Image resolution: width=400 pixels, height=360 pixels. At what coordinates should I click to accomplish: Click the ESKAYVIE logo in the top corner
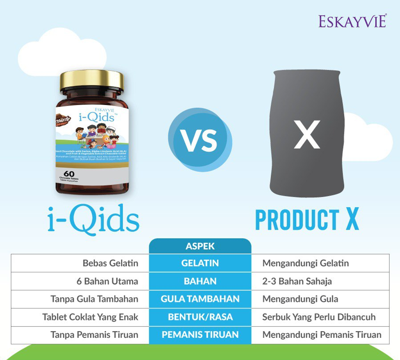point(352,21)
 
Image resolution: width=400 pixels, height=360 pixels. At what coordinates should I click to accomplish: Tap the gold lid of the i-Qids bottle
point(92,80)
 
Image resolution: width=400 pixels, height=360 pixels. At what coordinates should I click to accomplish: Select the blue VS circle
point(200,140)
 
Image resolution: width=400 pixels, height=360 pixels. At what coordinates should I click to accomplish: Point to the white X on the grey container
point(307,134)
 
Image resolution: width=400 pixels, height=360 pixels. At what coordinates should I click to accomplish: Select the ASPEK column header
point(200,246)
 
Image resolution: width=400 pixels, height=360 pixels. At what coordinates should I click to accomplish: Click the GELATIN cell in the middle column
point(200,263)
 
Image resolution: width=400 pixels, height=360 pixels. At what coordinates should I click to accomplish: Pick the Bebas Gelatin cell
point(110,263)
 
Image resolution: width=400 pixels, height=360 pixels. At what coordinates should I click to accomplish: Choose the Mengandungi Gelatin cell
point(305,263)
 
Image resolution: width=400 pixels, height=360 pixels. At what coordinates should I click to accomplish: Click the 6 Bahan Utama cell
point(107,281)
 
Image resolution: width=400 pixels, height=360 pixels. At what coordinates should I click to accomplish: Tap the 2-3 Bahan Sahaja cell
point(297,281)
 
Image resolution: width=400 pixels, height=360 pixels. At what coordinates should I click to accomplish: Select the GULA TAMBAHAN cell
point(200,299)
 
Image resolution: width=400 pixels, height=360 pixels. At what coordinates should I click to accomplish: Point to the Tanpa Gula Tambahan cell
point(94,299)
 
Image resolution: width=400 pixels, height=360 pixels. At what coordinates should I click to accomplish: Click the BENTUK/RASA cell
point(200,317)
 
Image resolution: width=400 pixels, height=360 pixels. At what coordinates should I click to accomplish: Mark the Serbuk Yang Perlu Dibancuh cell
point(319,317)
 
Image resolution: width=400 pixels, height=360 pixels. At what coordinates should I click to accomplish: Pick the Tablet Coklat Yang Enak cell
point(90,317)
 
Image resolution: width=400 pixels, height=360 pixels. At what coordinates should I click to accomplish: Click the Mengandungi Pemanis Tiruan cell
point(322,335)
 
